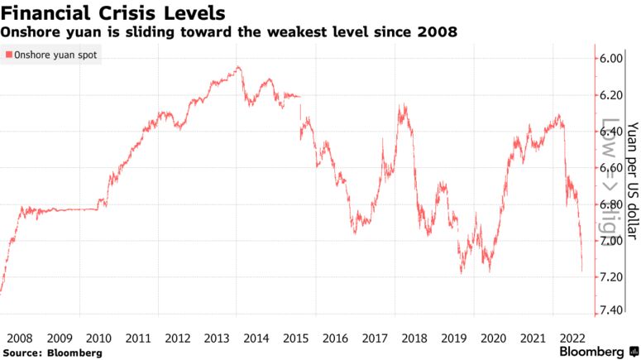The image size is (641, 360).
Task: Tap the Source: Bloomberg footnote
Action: tap(51, 353)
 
